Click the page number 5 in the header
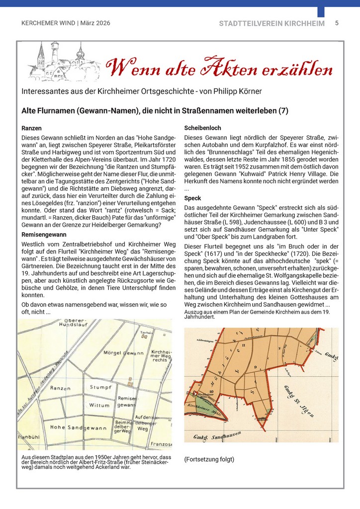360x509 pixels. (337, 23)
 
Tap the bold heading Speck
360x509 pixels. (192, 198)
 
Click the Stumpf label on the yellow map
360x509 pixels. (100, 387)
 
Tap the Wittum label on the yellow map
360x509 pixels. (99, 406)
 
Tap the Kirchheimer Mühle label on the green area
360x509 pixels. (203, 409)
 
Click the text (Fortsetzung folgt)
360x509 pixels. (209, 459)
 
